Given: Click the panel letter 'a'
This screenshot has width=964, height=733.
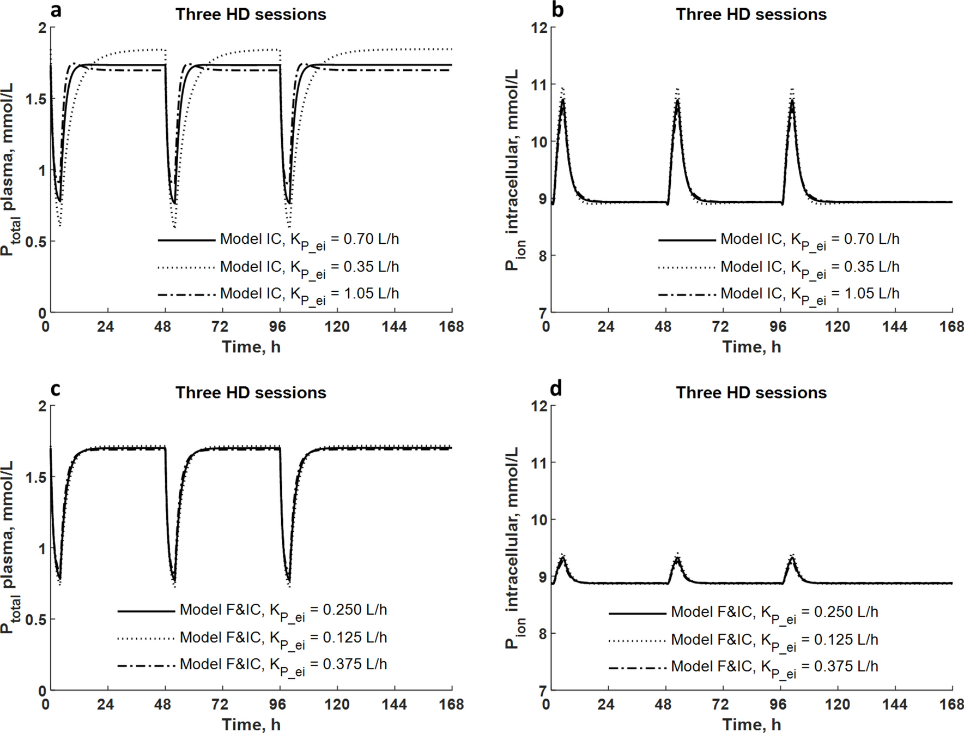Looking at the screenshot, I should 56,11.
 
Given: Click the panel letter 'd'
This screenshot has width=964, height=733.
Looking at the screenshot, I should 556,389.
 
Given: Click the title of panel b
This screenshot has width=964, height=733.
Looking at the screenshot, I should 751,14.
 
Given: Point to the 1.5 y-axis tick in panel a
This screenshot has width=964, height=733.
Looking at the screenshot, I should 35,99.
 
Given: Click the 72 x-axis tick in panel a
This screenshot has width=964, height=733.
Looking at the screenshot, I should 220,327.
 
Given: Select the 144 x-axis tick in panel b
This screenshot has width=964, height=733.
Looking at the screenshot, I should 894,327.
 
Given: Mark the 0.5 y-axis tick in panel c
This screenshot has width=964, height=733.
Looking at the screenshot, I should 35,620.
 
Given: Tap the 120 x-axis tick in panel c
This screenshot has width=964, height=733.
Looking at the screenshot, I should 337,704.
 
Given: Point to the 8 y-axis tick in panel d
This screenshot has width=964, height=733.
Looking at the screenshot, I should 542,634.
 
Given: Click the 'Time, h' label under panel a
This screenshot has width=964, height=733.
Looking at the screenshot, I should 251,347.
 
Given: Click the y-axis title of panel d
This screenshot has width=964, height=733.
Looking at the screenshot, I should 512,548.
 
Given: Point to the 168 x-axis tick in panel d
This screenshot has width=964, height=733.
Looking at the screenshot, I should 951,704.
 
